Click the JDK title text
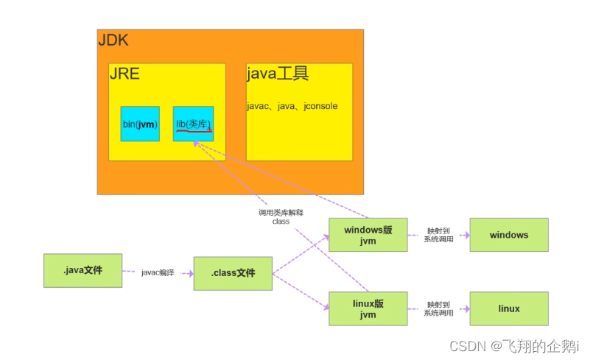113,40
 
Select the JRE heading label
124,74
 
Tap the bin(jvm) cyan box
140,124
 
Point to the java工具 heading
277,74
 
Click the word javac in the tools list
257,106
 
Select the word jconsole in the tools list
320,106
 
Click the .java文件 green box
82,270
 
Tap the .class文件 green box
233,273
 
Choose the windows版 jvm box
368,235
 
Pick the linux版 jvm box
368,308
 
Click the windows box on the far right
509,235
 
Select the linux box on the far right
509,308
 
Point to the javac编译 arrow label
158,272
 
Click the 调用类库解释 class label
281,216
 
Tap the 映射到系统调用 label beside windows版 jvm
438,235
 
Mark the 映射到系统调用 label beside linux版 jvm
438,308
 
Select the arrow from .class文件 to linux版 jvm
301,292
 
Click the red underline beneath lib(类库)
193,130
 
